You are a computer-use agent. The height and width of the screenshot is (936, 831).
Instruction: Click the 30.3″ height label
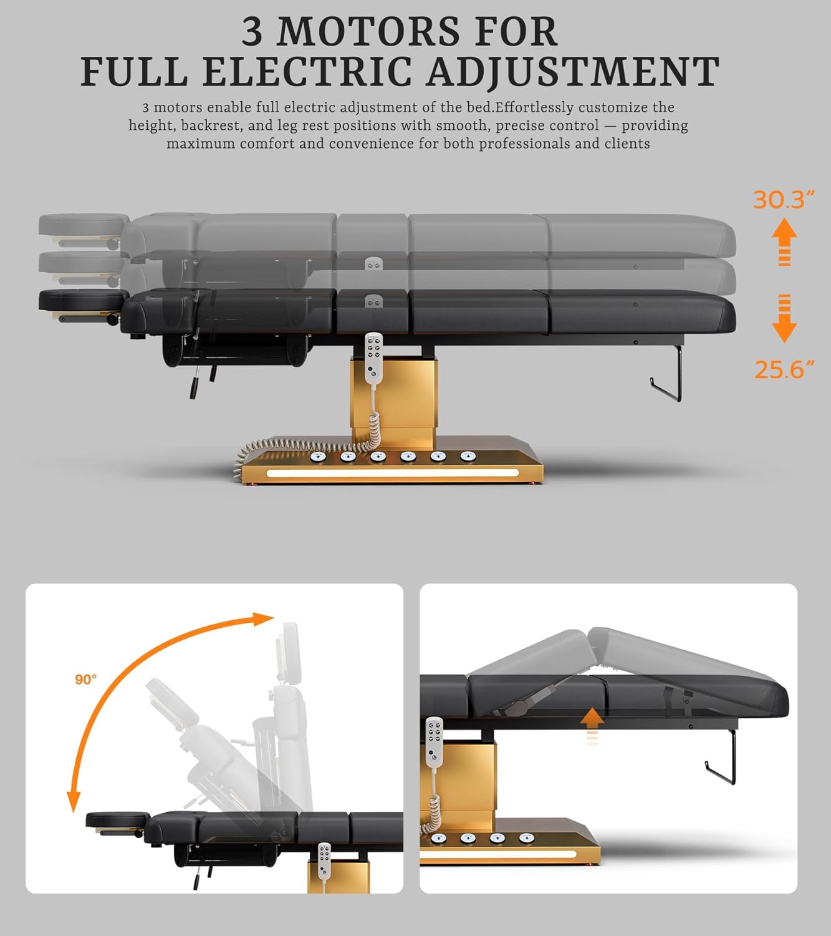coord(784,200)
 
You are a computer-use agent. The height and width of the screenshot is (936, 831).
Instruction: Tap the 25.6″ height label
coord(784,369)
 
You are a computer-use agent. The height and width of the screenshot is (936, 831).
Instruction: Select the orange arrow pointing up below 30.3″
coord(784,241)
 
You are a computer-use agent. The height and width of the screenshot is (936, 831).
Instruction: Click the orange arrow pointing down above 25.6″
coord(784,318)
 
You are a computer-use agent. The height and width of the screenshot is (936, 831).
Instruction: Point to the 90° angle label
coord(86,680)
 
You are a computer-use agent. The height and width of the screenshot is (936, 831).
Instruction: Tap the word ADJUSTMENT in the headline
coord(572,72)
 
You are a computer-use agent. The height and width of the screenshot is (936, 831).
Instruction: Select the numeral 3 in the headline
coord(252,31)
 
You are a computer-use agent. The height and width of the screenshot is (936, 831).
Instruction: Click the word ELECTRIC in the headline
coord(307,72)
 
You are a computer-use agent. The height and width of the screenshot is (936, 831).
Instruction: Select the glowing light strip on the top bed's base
coord(392,473)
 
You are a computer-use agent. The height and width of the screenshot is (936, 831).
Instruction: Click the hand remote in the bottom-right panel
coord(433,742)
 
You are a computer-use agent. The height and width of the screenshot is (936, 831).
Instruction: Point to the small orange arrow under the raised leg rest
coord(592,726)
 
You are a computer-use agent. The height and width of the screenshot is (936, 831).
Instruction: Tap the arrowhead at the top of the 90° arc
coord(264,618)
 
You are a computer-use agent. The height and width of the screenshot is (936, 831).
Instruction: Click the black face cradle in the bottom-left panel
coord(118,819)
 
